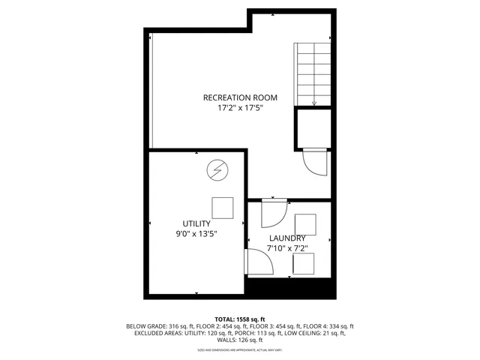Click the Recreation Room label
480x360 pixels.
(240, 97)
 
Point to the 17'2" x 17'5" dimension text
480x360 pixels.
(240, 108)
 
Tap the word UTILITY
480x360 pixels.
(196, 223)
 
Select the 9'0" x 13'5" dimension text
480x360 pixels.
(196, 234)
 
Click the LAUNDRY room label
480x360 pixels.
(287, 238)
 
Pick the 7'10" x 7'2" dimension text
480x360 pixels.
(287, 247)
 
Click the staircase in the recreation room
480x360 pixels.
(313, 73)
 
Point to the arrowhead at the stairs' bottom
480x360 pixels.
(313, 103)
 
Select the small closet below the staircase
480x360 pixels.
(313, 128)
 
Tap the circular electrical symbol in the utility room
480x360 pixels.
(217, 171)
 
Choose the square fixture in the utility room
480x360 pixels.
(222, 207)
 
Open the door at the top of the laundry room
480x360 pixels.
(270, 215)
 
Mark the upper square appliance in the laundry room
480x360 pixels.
(305, 224)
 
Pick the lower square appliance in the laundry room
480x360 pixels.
(304, 264)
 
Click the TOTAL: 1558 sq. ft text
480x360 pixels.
(239, 319)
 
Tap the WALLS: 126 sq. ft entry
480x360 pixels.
(240, 340)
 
